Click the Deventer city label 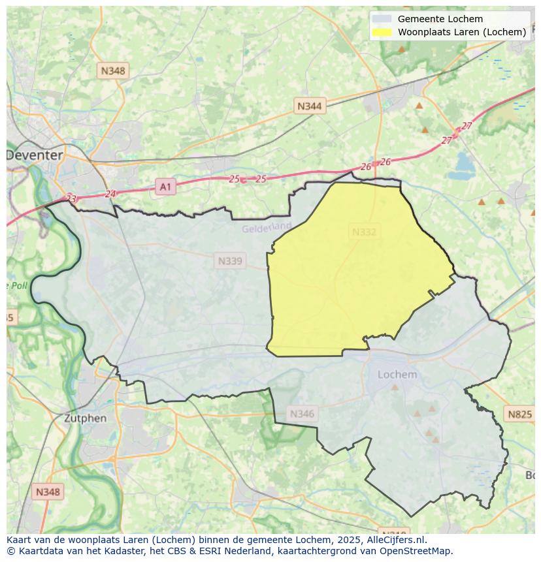pos(35,155)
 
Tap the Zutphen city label pos(85,418)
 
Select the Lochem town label pos(397,374)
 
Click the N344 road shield pos(309,106)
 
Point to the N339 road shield pos(230,261)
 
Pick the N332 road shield pos(364,232)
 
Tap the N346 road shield pos(301,413)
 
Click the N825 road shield pos(520,414)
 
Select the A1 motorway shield pos(165,187)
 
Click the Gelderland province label pos(267,228)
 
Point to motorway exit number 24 pos(110,194)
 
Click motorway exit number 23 pos(71,198)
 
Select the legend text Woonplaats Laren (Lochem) pos(462,32)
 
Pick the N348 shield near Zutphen pos(48,492)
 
